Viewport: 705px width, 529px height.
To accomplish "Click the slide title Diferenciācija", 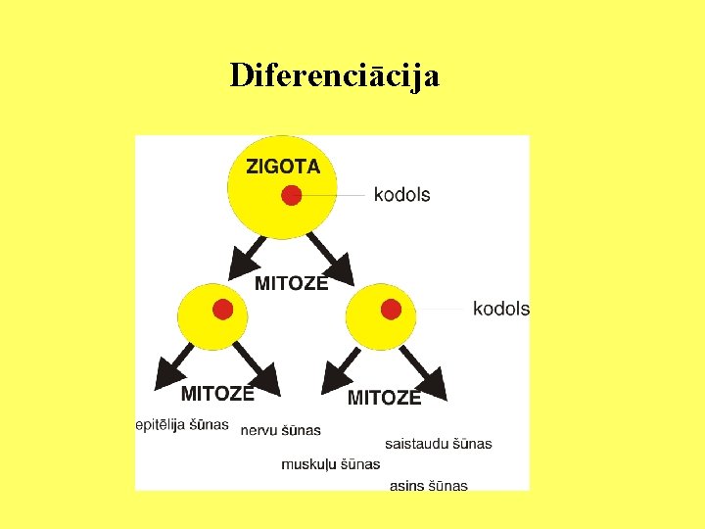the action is click(x=334, y=75).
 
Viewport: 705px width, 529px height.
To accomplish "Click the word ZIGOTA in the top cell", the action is click(x=283, y=167).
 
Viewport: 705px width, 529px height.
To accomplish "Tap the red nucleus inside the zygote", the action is click(x=291, y=196).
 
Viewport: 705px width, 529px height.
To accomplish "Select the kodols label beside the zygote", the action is click(x=401, y=195).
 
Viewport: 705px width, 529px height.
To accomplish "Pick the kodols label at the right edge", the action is click(x=500, y=309).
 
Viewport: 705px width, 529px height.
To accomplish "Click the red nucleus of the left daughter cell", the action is click(x=222, y=310).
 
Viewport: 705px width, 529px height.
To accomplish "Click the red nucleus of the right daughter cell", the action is click(x=391, y=310).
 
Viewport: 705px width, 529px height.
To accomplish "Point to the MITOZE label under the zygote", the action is click(x=291, y=283).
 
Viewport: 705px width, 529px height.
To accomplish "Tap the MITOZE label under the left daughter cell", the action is click(x=217, y=393).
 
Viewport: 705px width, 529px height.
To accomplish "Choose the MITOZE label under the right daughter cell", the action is click(x=384, y=397).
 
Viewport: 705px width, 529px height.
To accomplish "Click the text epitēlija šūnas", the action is click(x=182, y=425).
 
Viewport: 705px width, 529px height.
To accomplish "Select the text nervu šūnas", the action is click(x=280, y=430).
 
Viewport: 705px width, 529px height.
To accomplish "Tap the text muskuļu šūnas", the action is click(x=330, y=463).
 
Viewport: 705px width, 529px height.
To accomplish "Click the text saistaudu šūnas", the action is click(x=438, y=444).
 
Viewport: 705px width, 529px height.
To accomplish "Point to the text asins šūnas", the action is click(x=428, y=485).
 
